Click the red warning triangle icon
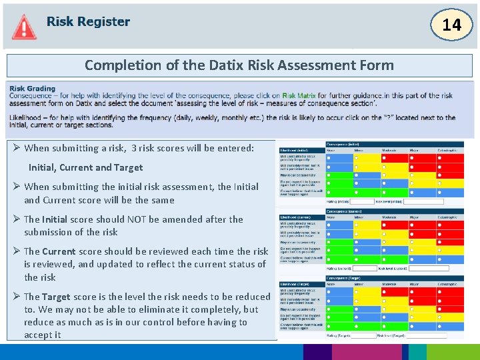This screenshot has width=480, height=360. pyautogui.click(x=24, y=27)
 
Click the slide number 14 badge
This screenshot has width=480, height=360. pyautogui.click(x=451, y=25)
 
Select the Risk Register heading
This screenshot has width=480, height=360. pyautogui.click(x=88, y=21)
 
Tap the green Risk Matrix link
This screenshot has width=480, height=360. pyautogui.click(x=299, y=96)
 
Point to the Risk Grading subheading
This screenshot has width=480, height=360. pyautogui.click(x=33, y=89)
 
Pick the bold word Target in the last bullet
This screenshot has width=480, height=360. pyautogui.click(x=57, y=297)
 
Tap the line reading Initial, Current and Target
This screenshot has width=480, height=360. pyautogui.click(x=85, y=167)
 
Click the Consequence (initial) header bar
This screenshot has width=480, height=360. pyautogui.click(x=400, y=144)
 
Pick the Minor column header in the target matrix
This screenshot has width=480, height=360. pyautogui.click(x=359, y=283)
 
